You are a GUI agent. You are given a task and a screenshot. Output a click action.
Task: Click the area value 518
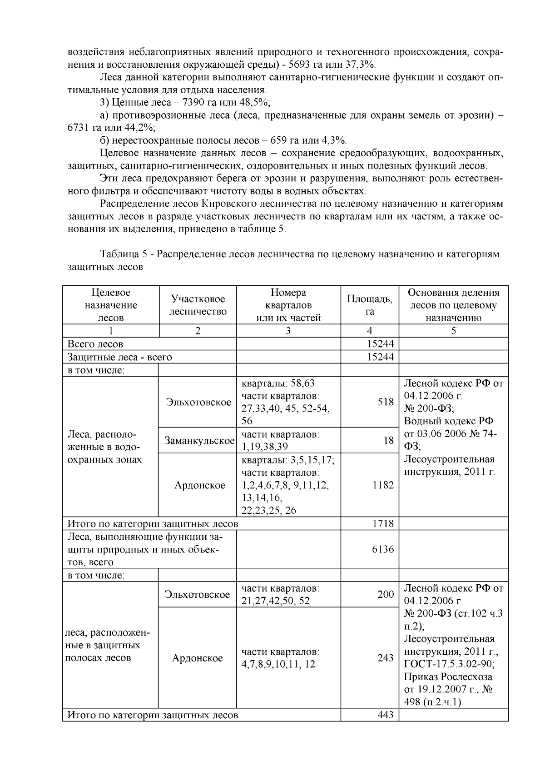tap(386, 402)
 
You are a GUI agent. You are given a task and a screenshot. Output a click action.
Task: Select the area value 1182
tap(383, 485)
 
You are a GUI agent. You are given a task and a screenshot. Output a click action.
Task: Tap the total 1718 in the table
tap(383, 523)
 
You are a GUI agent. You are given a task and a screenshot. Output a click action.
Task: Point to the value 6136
tap(383, 549)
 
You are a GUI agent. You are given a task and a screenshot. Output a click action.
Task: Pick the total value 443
tap(386, 715)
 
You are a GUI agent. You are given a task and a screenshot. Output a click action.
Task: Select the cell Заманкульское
tap(199, 440)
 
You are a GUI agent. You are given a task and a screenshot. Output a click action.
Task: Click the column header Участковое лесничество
tap(198, 305)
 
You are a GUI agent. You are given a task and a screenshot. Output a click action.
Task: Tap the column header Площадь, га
tap(370, 305)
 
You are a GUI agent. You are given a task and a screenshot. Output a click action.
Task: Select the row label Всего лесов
tap(95, 344)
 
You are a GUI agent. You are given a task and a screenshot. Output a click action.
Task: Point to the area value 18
tap(388, 440)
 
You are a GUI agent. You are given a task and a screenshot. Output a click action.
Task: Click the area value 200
tap(386, 594)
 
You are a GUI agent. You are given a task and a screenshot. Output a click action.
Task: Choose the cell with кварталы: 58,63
tap(284, 383)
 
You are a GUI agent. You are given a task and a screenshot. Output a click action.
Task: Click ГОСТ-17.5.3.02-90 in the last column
tap(449, 664)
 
